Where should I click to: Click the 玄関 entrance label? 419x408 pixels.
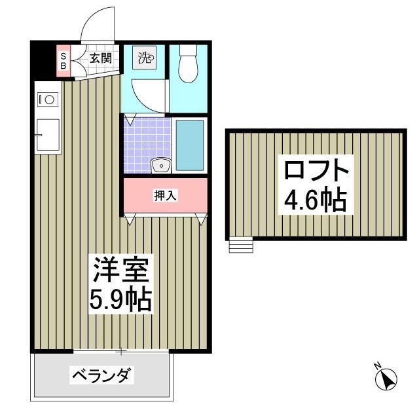(100, 58)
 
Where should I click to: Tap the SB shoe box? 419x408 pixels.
(64, 60)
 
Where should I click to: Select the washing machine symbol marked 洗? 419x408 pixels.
(145, 58)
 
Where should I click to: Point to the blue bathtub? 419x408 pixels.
(190, 145)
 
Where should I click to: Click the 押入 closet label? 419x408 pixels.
(165, 195)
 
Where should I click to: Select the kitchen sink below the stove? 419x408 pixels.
(48, 135)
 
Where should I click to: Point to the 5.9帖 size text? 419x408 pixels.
(122, 300)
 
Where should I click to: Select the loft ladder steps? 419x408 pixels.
(240, 245)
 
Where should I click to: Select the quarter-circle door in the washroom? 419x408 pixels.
(144, 95)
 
